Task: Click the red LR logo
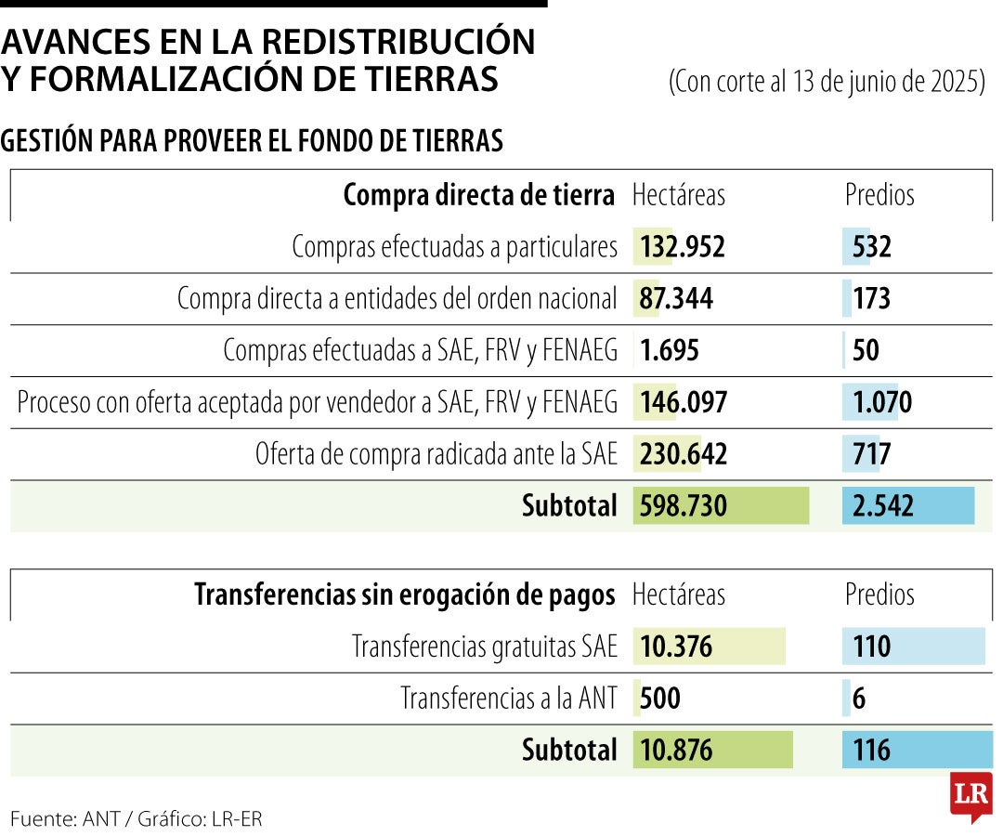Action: point(970,795)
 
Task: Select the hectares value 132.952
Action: point(682,247)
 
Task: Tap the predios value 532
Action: point(871,247)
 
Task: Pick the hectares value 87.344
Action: point(676,299)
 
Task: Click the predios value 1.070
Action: point(882,402)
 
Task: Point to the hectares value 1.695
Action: point(669,351)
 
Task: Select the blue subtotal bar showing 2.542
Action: point(907,505)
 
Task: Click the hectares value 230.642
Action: point(684,454)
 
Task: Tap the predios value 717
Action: point(871,454)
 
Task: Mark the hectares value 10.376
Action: point(677,647)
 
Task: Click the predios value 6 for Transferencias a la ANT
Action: point(858,699)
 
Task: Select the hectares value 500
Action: point(660,699)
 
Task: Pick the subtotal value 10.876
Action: point(677,750)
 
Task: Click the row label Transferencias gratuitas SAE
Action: point(484,647)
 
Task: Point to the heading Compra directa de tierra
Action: point(478,196)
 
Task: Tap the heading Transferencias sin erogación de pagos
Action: point(404,595)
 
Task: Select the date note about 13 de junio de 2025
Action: point(827,82)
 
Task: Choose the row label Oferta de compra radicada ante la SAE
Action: point(436,454)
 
